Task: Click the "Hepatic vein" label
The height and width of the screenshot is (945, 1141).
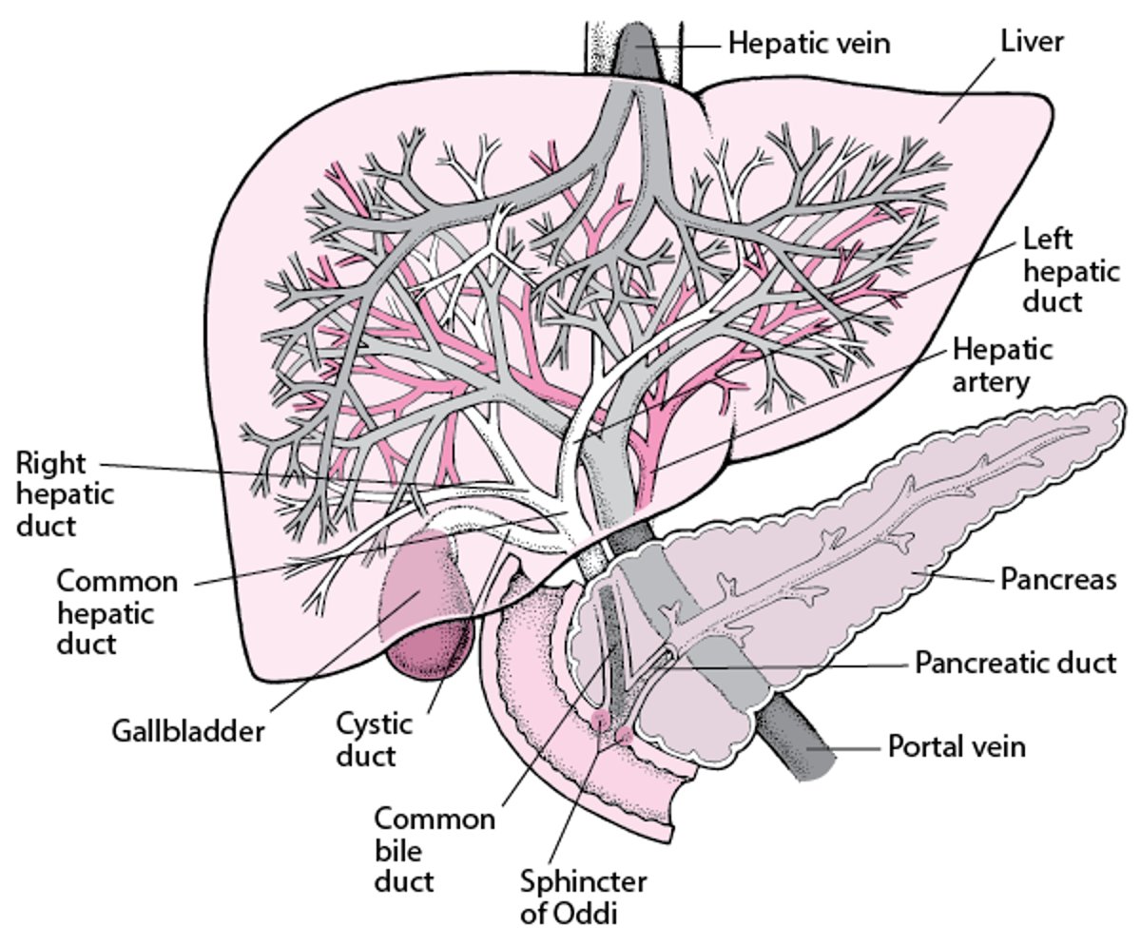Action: (809, 42)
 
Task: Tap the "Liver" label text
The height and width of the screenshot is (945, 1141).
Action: (1032, 41)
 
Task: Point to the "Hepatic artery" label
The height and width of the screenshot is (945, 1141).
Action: (1002, 365)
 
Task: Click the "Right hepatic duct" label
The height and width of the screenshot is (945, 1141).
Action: (65, 494)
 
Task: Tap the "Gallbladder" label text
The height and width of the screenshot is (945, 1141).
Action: (187, 732)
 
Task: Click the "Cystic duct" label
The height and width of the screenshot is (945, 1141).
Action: (374, 740)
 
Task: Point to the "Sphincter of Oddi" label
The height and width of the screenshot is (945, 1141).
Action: (582, 897)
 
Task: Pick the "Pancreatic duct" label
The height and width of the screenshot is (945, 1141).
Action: (1015, 662)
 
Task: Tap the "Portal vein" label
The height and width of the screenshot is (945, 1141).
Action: (957, 745)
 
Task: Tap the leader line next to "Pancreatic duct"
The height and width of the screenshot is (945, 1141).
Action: (789, 666)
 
